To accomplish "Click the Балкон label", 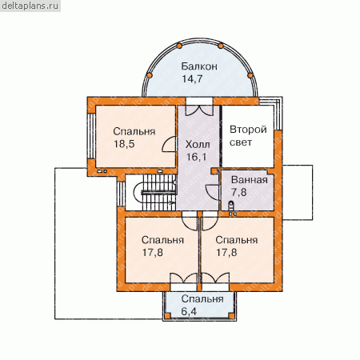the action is click(x=199, y=66).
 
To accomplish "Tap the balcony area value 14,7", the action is click(x=192, y=79).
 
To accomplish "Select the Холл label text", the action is click(x=198, y=145).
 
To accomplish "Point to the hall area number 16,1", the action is click(x=197, y=157).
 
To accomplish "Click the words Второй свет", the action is click(x=248, y=136).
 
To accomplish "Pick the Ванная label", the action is click(x=250, y=180).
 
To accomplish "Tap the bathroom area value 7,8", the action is click(x=239, y=192).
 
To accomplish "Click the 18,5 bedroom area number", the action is click(x=124, y=144).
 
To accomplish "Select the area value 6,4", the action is click(x=189, y=311).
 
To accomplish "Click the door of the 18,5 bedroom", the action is click(x=169, y=144).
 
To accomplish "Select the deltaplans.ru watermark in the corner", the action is click(x=30, y=6).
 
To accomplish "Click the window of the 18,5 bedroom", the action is click(x=91, y=136).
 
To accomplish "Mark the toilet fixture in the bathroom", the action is click(x=231, y=206).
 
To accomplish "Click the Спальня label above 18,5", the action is click(x=134, y=132).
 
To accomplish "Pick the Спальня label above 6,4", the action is click(x=202, y=299).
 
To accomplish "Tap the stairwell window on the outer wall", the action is click(x=121, y=194).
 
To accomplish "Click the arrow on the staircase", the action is click(x=172, y=202).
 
